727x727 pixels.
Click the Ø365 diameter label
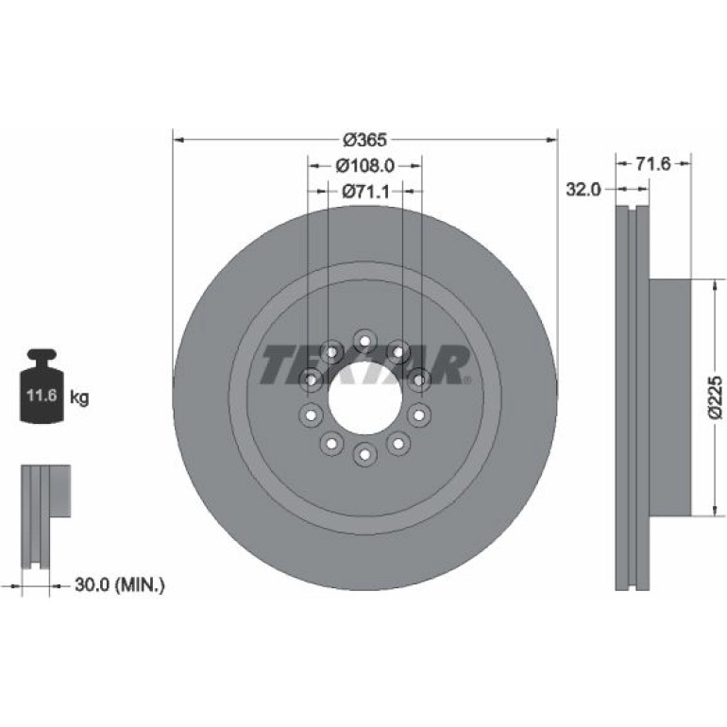[x=364, y=140]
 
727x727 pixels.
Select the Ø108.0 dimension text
[x=364, y=165]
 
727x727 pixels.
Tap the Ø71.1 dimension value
[x=365, y=191]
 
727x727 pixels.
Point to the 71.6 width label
[x=652, y=163]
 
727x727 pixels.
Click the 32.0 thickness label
[x=583, y=189]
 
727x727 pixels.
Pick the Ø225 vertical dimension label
[x=716, y=397]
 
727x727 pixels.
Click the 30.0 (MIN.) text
[x=120, y=584]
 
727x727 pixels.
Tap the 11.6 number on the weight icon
[x=42, y=396]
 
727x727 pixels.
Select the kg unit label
[x=79, y=397]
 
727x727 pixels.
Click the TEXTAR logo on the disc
[x=364, y=364]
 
